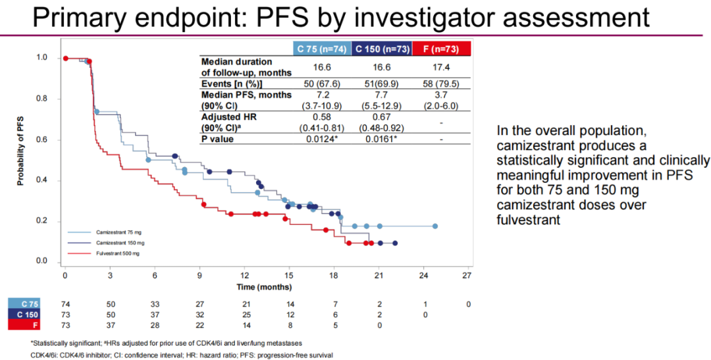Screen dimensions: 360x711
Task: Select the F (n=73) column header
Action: click(x=441, y=48)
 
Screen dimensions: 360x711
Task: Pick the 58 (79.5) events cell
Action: click(x=441, y=84)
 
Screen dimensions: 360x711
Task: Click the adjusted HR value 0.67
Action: click(x=382, y=116)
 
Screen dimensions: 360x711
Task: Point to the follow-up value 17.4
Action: click(x=441, y=67)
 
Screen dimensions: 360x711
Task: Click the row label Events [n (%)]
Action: click(x=232, y=84)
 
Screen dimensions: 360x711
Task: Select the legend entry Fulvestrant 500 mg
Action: click(x=117, y=253)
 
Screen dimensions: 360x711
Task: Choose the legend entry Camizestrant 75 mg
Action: click(x=118, y=232)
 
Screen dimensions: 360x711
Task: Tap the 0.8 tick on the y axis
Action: click(x=42, y=99)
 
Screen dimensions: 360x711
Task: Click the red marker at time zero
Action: click(x=65, y=58)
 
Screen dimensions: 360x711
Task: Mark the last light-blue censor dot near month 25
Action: click(x=434, y=226)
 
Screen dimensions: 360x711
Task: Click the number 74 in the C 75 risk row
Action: click(x=65, y=304)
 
